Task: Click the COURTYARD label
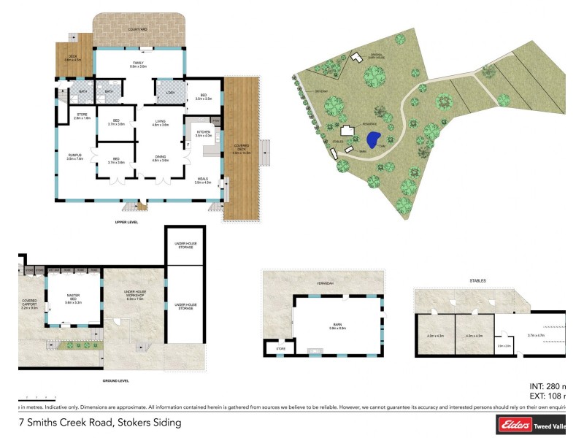pyautogui.click(x=139, y=30)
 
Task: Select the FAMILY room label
pyautogui.click(x=139, y=65)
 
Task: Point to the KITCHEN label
pyautogui.click(x=203, y=134)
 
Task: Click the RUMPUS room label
pyautogui.click(x=74, y=156)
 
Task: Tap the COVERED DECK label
pyautogui.click(x=241, y=151)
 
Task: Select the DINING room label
pyautogui.click(x=161, y=158)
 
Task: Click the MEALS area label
pyautogui.click(x=202, y=180)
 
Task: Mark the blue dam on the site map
pyautogui.click(x=373, y=139)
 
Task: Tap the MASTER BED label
pyautogui.click(x=73, y=297)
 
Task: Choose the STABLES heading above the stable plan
pyautogui.click(x=477, y=280)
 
